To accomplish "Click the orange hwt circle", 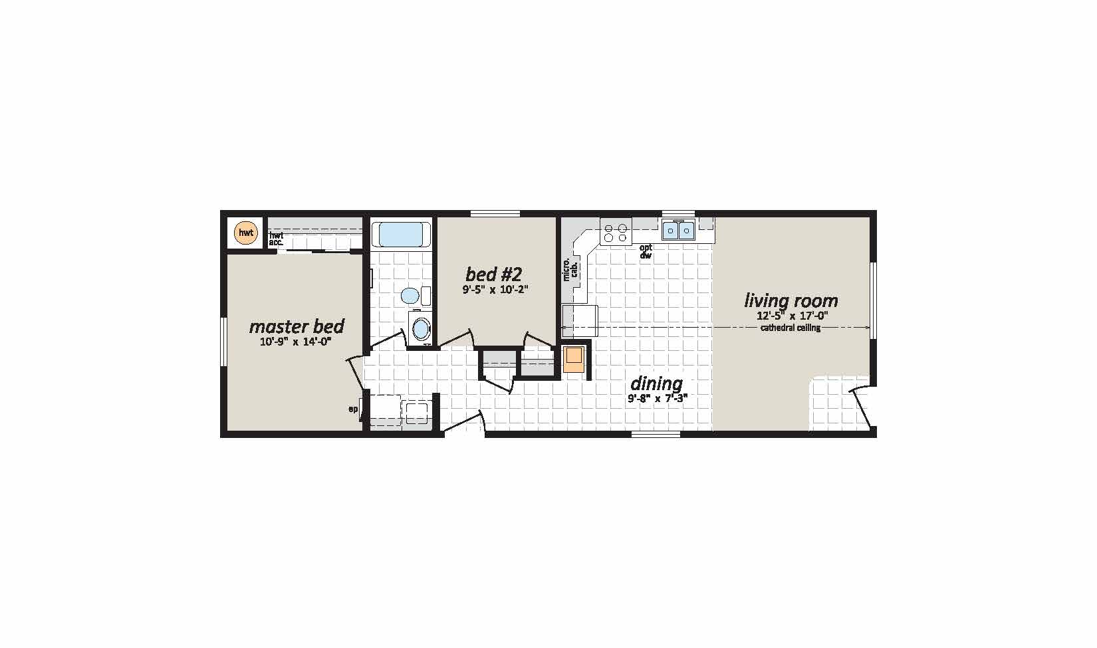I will pyautogui.click(x=245, y=233).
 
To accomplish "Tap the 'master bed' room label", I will pyautogui.click(x=297, y=326).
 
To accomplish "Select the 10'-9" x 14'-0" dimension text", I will pyautogui.click(x=296, y=342).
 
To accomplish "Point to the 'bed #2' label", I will pyautogui.click(x=493, y=274).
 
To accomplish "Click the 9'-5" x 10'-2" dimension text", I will pyautogui.click(x=495, y=289).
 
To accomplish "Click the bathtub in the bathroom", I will pyautogui.click(x=400, y=235).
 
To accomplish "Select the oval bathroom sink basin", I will pyautogui.click(x=421, y=328).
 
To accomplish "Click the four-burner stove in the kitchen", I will pyautogui.click(x=615, y=232).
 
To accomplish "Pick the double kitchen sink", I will pyautogui.click(x=678, y=231).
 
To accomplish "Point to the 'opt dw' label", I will pyautogui.click(x=646, y=251).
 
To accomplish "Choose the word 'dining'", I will pyautogui.click(x=656, y=383).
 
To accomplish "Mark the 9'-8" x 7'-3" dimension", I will pyautogui.click(x=657, y=398).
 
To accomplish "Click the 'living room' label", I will pyautogui.click(x=791, y=300).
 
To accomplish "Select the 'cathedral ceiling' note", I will pyautogui.click(x=791, y=328).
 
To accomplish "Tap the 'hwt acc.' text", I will pyautogui.click(x=276, y=239).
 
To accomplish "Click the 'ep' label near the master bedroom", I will pyautogui.click(x=353, y=409).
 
